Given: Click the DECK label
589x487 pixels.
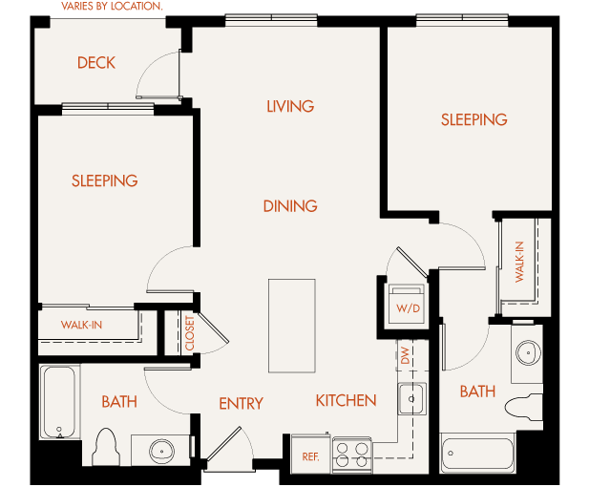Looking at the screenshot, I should (x=96, y=63).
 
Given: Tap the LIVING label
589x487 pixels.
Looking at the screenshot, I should (x=290, y=106).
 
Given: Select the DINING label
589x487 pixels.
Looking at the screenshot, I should (x=290, y=205).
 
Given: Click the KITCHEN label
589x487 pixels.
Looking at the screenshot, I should (x=346, y=400).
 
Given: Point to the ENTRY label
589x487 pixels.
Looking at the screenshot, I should (x=241, y=404).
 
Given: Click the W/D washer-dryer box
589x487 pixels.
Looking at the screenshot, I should (x=408, y=305).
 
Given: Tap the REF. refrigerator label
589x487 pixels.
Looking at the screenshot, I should (x=310, y=457).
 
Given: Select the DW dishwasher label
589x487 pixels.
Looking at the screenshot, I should (x=405, y=356).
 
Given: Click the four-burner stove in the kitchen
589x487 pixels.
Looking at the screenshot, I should (x=352, y=454).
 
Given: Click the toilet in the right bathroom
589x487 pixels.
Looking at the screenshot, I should (x=521, y=406).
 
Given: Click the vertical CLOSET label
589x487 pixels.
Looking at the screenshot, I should (x=189, y=331).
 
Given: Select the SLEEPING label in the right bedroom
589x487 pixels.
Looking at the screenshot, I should (x=473, y=119).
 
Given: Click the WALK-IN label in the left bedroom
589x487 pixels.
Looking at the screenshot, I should (x=82, y=326).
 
